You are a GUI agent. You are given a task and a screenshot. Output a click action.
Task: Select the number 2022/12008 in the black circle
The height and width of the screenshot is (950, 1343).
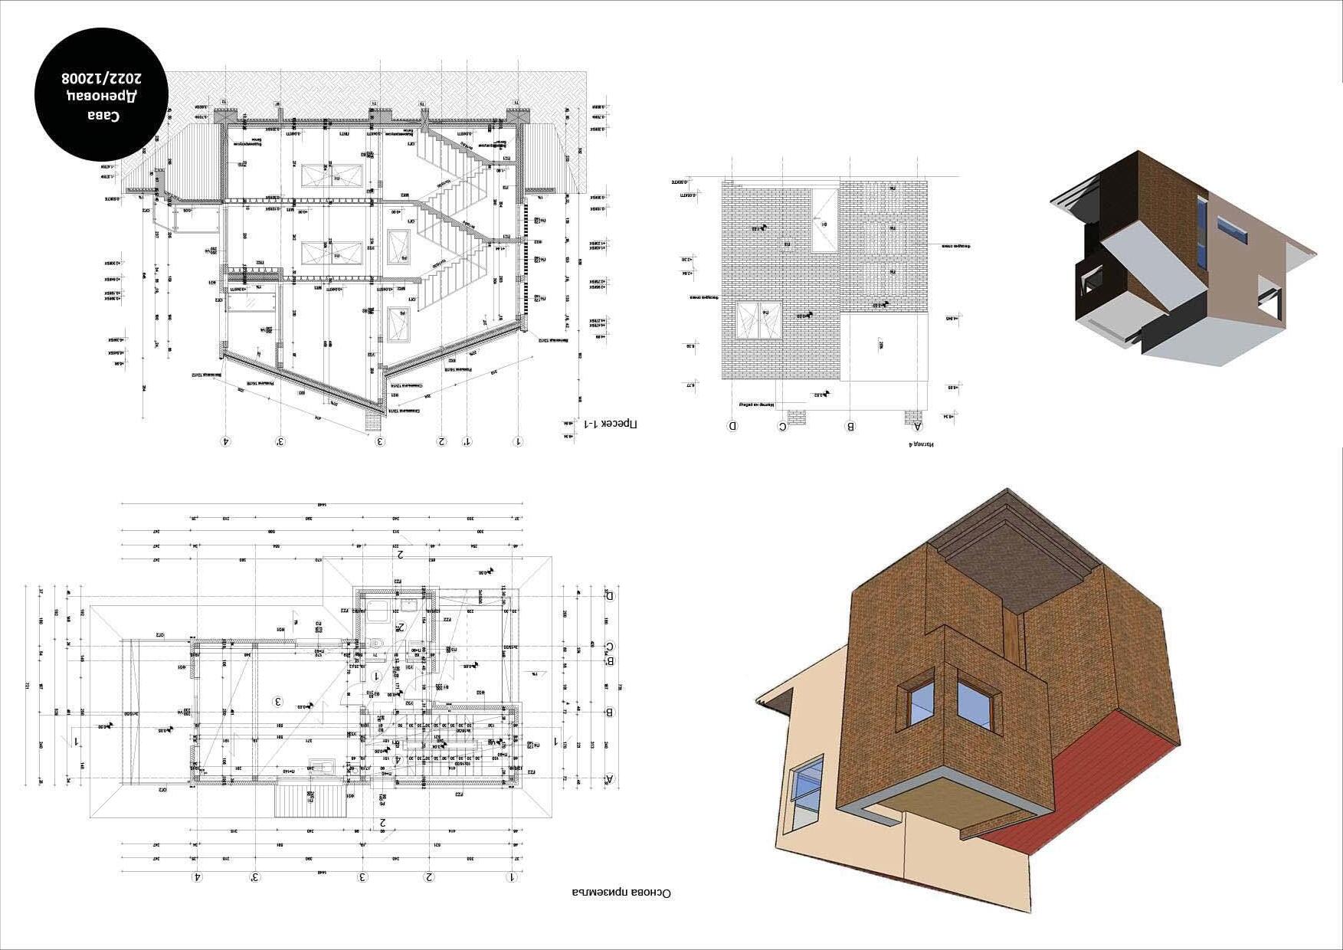[x=102, y=77]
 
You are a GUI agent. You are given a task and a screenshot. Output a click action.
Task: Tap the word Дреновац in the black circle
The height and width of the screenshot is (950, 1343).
[x=102, y=97]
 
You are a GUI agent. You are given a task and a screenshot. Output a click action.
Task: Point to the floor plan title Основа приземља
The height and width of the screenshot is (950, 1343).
[x=621, y=893]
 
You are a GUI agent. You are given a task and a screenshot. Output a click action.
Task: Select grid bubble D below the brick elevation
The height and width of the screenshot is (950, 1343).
[x=732, y=426]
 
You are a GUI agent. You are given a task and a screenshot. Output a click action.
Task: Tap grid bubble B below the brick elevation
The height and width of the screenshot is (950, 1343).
[x=850, y=426]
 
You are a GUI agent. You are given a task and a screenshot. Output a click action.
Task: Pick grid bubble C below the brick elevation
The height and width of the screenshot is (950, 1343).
[x=782, y=426]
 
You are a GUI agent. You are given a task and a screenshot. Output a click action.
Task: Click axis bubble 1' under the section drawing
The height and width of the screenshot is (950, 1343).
[x=467, y=441]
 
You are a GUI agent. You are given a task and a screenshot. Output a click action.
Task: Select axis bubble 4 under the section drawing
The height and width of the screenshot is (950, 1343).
[x=225, y=441]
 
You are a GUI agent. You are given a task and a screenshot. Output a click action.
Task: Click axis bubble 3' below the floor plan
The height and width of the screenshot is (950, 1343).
[x=255, y=876]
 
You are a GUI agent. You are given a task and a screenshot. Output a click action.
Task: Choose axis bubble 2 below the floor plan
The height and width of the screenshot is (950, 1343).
[x=430, y=876]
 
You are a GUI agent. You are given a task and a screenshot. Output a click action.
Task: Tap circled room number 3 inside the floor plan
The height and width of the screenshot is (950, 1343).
[x=279, y=701]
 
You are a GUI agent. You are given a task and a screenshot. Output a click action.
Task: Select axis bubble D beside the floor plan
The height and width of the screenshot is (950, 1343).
[x=610, y=595]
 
